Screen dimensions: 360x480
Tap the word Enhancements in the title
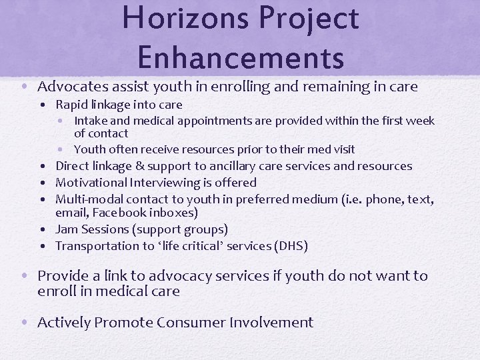click(241, 57)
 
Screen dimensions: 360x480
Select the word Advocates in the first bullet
click(71, 87)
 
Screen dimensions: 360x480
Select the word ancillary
click(236, 166)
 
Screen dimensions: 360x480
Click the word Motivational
click(93, 182)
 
